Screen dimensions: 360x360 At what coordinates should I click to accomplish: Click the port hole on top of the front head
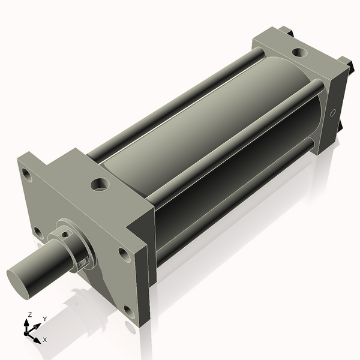point(100,184)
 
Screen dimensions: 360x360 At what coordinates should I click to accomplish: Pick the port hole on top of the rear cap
point(299,52)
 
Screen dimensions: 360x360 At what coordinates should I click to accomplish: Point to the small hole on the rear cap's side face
point(332,112)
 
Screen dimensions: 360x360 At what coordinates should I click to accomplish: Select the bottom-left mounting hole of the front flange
point(38,232)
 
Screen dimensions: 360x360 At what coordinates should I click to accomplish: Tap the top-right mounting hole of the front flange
point(124,254)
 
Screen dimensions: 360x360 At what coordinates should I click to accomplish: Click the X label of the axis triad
point(45,340)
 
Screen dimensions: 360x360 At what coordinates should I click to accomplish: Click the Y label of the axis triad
point(44,319)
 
